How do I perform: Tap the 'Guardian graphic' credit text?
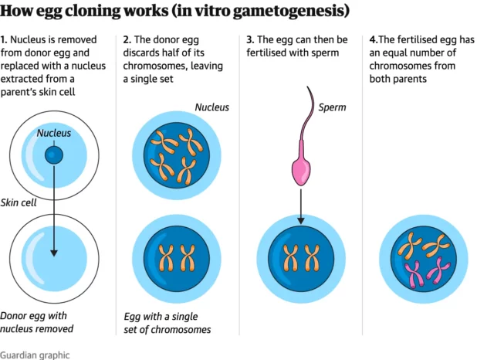[x=35, y=355]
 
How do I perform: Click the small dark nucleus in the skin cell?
[x=54, y=155]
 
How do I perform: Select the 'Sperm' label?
[x=332, y=107]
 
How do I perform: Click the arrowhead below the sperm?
[x=300, y=222]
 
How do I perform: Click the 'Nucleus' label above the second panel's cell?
[x=211, y=107]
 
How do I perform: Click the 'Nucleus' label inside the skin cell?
[x=54, y=133]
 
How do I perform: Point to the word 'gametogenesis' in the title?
[x=291, y=12]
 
